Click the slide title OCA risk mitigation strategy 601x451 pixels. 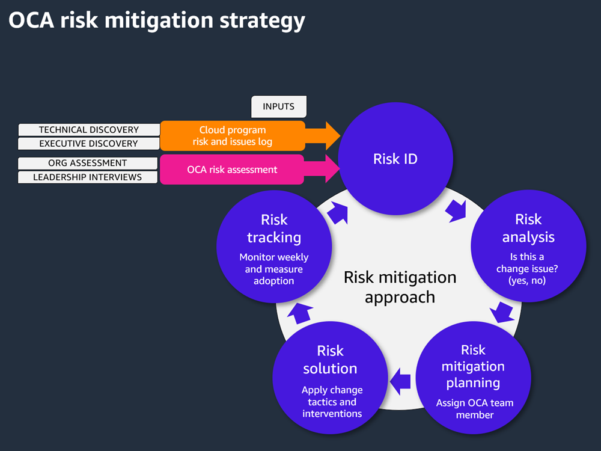(157, 20)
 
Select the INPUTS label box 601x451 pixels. (278, 106)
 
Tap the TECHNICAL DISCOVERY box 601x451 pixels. (89, 130)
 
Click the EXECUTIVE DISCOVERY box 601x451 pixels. (89, 144)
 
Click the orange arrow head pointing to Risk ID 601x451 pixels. (328, 135)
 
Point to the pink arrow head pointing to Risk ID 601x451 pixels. (328, 169)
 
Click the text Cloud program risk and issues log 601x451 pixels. (232, 136)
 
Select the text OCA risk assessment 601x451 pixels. (232, 170)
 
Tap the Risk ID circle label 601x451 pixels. (395, 159)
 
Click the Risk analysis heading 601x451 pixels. (528, 228)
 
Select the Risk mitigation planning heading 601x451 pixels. (473, 366)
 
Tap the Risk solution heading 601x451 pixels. (330, 360)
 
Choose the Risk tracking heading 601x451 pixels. (274, 229)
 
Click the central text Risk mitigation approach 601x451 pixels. (400, 287)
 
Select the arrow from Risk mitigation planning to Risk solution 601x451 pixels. (401, 381)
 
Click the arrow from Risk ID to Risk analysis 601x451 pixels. (456, 211)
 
